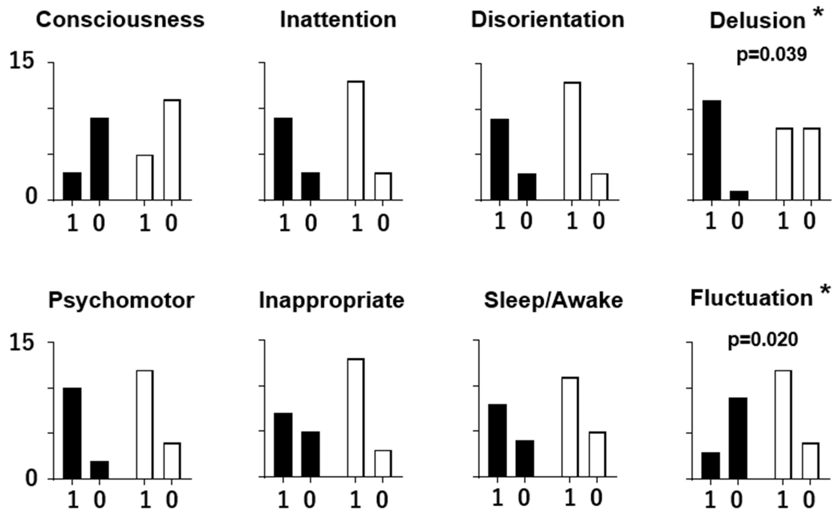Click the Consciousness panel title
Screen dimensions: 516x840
(x=120, y=20)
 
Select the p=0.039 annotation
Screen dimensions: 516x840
(x=772, y=55)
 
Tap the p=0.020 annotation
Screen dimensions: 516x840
(x=763, y=339)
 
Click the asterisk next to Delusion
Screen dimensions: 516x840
(x=818, y=13)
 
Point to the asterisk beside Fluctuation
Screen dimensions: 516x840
(x=826, y=290)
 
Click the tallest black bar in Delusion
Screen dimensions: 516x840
(x=712, y=150)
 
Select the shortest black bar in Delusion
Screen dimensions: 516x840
(x=739, y=195)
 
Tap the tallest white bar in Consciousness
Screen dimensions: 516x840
(x=172, y=150)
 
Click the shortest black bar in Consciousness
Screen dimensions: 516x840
(x=72, y=186)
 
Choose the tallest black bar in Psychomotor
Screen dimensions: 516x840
(x=72, y=433)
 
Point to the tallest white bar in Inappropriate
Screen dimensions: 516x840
(x=356, y=417)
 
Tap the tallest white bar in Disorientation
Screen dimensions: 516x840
(x=572, y=141)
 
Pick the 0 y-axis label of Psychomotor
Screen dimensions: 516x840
(x=31, y=479)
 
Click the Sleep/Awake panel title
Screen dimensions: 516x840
(x=553, y=301)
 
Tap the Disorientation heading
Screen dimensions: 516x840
(x=548, y=20)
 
